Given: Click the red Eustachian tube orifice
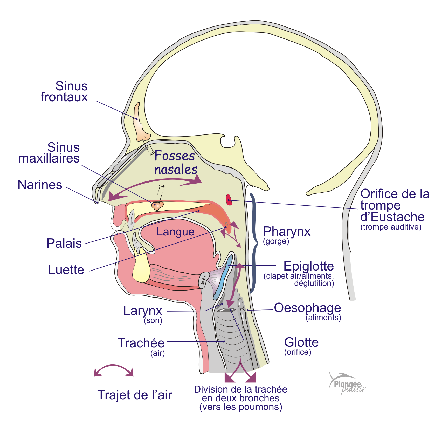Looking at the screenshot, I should [229, 200].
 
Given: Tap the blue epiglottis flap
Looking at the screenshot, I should [224, 278].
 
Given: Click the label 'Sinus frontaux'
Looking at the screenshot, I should [65, 91].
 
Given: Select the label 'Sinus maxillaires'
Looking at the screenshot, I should [49, 153].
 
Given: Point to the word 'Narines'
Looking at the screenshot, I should [40, 185].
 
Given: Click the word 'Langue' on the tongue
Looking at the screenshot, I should [175, 232].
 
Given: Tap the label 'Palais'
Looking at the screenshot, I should [64, 243].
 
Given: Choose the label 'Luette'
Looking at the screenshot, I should [66, 270].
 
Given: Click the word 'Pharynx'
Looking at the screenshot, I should [287, 231].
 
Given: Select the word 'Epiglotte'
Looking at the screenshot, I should [308, 266].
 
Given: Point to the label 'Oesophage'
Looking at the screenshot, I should [307, 308].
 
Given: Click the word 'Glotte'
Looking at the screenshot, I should [301, 342].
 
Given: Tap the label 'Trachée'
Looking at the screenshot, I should [141, 343].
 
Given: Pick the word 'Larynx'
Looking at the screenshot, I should [143, 311].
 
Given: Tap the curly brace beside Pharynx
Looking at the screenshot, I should [254, 243].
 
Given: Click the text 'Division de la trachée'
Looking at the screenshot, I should [240, 389].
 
